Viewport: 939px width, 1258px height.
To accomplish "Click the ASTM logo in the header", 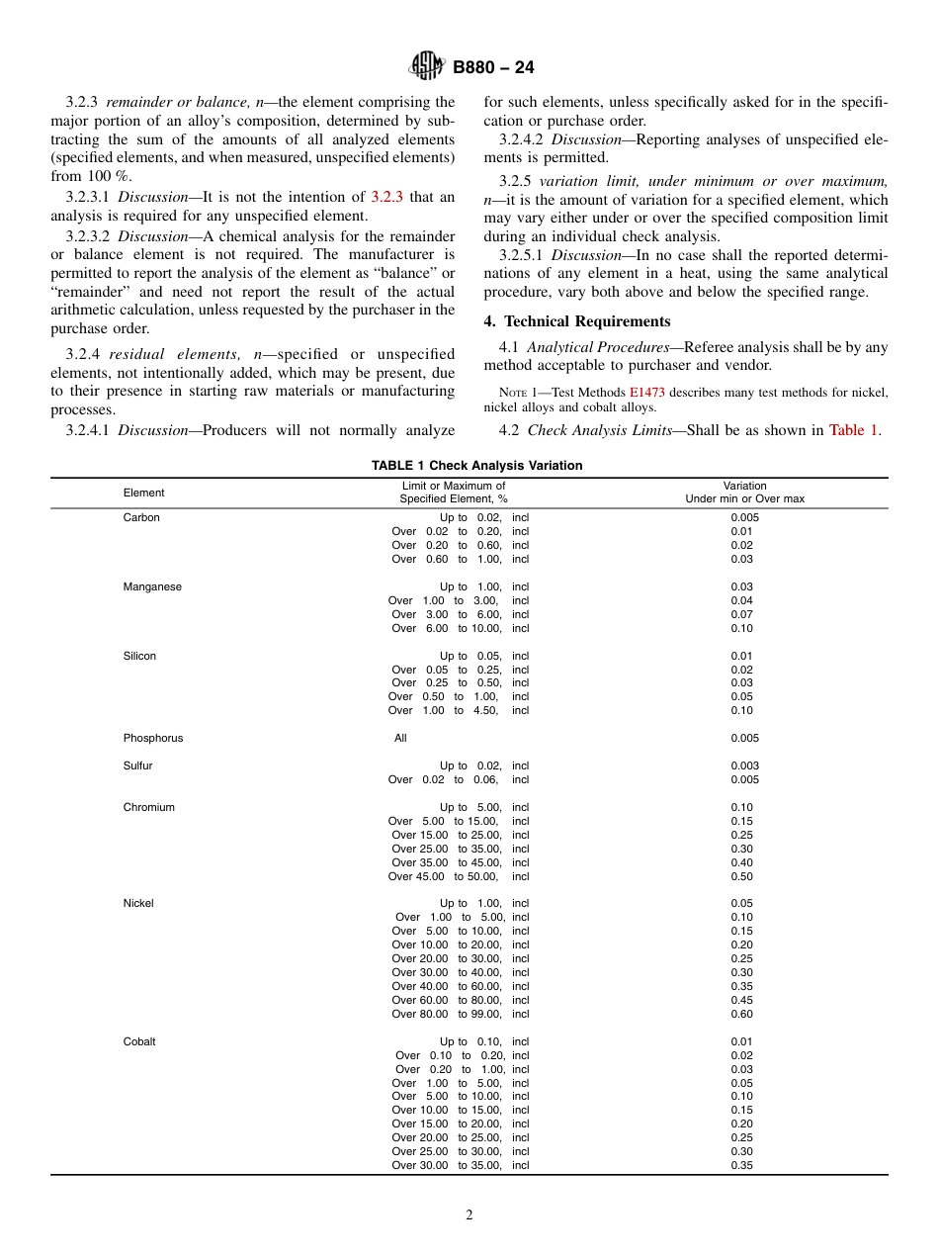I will (427, 67).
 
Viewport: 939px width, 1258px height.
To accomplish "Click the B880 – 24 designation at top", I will (493, 68).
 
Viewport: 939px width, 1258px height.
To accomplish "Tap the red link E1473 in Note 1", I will (646, 392).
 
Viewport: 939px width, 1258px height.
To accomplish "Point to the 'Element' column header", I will (143, 493).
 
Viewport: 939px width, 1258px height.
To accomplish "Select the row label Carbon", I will (141, 517).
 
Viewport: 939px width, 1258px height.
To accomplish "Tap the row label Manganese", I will (152, 586).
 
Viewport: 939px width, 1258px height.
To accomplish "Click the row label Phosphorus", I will (153, 738).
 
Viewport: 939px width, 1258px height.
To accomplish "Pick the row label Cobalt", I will (139, 1041).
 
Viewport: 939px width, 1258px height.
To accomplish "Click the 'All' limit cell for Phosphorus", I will (400, 738).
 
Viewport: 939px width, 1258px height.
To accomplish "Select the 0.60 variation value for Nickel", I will (741, 1014).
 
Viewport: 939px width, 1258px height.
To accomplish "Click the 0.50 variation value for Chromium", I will (741, 876).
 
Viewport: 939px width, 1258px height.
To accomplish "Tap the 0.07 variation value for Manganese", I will (741, 614).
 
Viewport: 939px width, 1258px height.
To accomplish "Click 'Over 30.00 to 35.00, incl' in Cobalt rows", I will (460, 1165).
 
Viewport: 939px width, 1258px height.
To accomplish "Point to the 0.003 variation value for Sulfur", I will (744, 765).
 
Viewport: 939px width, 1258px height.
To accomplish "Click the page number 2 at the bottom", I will (469, 1215).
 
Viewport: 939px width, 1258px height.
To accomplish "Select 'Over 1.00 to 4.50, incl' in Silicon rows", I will (460, 710).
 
